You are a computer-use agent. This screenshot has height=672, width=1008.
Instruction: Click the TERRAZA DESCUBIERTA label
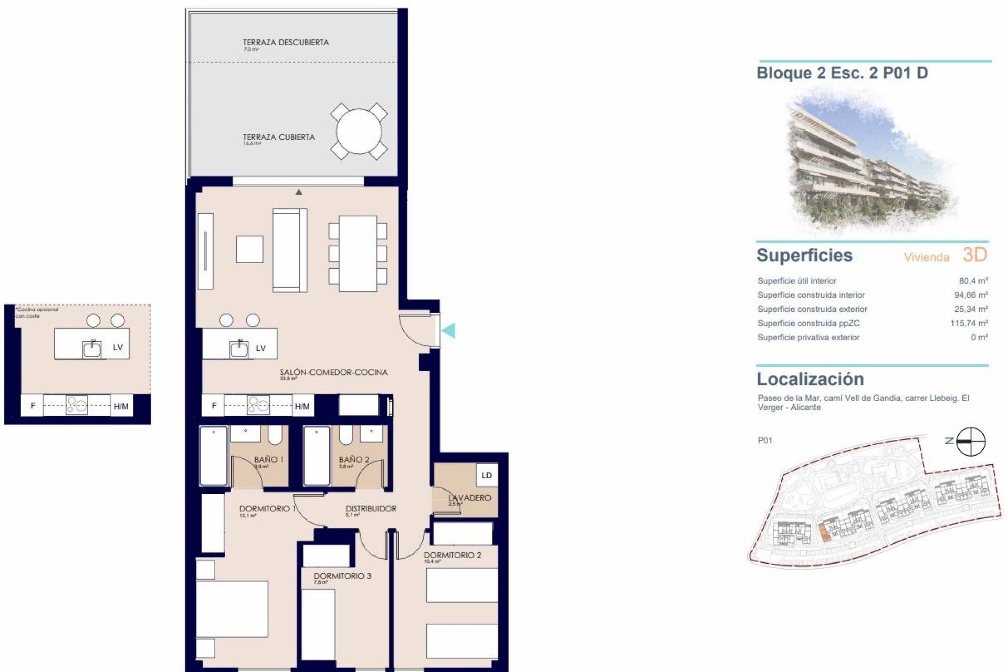[286, 43]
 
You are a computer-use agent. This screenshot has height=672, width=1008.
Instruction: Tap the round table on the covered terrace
[359, 131]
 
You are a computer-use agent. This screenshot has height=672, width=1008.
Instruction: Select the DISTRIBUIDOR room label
[371, 509]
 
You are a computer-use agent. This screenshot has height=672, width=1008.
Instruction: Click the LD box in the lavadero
[487, 475]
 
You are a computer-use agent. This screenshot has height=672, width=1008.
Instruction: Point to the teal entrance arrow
[448, 331]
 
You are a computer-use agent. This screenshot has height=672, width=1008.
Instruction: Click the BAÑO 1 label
[268, 459]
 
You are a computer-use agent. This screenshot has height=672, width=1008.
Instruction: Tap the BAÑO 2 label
[354, 459]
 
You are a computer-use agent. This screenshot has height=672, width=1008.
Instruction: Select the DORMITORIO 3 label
[342, 576]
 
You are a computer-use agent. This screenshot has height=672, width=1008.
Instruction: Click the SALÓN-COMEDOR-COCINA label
[333, 372]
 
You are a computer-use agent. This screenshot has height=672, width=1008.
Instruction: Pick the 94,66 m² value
[971, 295]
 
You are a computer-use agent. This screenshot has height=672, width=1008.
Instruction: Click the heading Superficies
[804, 256]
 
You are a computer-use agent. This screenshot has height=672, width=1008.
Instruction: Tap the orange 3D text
[975, 255]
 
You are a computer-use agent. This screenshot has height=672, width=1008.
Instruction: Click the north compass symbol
[971, 442]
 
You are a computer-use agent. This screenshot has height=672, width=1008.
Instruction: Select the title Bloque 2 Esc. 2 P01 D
[842, 73]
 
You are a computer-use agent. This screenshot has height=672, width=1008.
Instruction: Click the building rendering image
[871, 163]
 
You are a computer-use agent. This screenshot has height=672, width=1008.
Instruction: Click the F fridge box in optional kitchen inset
[33, 406]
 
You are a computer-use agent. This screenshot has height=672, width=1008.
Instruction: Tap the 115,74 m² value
[969, 323]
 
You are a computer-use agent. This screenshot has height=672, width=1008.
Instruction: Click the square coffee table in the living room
[249, 249]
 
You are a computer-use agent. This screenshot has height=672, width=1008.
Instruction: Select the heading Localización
[810, 379]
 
